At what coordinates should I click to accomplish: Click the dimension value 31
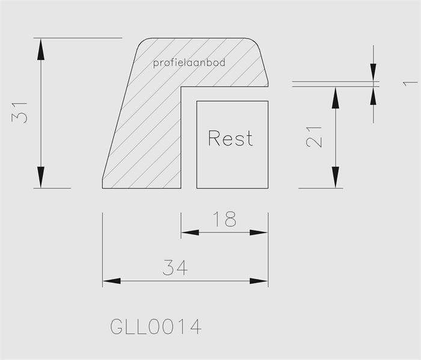[x=19, y=113]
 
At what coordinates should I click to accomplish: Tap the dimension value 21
[x=313, y=137]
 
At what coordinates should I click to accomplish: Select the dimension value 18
[x=224, y=219]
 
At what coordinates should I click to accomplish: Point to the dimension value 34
[x=175, y=267]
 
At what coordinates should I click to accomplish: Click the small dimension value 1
[x=410, y=84]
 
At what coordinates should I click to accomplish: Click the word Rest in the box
[x=230, y=138]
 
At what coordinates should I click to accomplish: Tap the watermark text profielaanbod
[x=189, y=63]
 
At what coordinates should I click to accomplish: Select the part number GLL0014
[x=156, y=327]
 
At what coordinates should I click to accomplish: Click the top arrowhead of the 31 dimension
[x=41, y=49]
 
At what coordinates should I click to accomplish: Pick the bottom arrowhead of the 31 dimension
[x=41, y=177]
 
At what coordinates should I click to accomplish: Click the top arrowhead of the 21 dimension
[x=336, y=98]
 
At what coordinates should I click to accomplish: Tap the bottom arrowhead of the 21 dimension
[x=336, y=177]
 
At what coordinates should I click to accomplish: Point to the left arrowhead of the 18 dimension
[x=190, y=232]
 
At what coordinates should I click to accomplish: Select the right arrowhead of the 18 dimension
[x=259, y=232]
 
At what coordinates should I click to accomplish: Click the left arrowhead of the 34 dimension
[x=112, y=281]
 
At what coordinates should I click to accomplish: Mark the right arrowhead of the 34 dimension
[x=259, y=281]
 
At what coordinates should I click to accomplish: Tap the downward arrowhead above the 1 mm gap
[x=373, y=72]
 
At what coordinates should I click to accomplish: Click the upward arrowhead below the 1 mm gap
[x=373, y=96]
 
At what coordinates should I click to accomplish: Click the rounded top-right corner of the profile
[x=255, y=43]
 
